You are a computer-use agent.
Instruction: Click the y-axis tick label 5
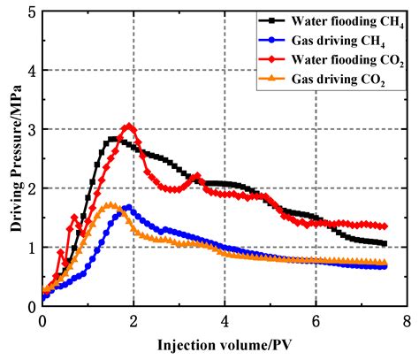click(31, 12)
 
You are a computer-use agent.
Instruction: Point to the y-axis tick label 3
click(31, 129)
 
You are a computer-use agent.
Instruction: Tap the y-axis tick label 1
click(31, 247)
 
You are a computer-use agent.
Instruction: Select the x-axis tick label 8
click(407, 320)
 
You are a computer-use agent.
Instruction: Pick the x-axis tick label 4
click(225, 320)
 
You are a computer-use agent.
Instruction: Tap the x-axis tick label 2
click(133, 320)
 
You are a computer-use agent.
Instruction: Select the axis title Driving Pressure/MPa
click(11, 159)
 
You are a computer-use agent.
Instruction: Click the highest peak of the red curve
click(129, 126)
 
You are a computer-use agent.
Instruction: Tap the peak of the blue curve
click(128, 208)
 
